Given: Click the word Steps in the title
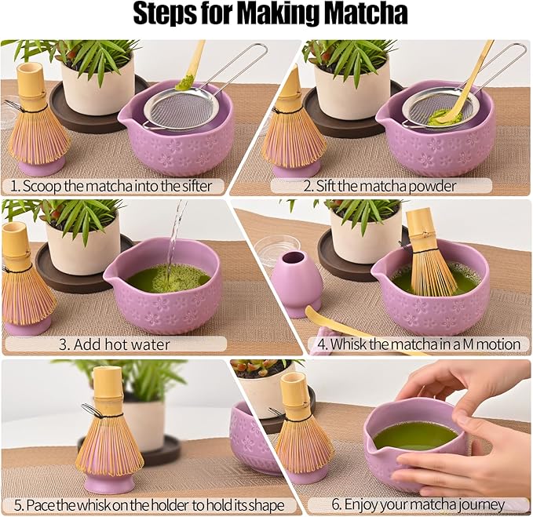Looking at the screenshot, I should tap(168, 14).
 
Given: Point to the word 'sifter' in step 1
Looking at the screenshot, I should tap(199, 187).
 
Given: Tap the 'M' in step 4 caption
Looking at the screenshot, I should tap(462, 344).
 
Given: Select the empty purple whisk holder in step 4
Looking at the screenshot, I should tap(296, 282).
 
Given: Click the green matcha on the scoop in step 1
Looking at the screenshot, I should tap(185, 82).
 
